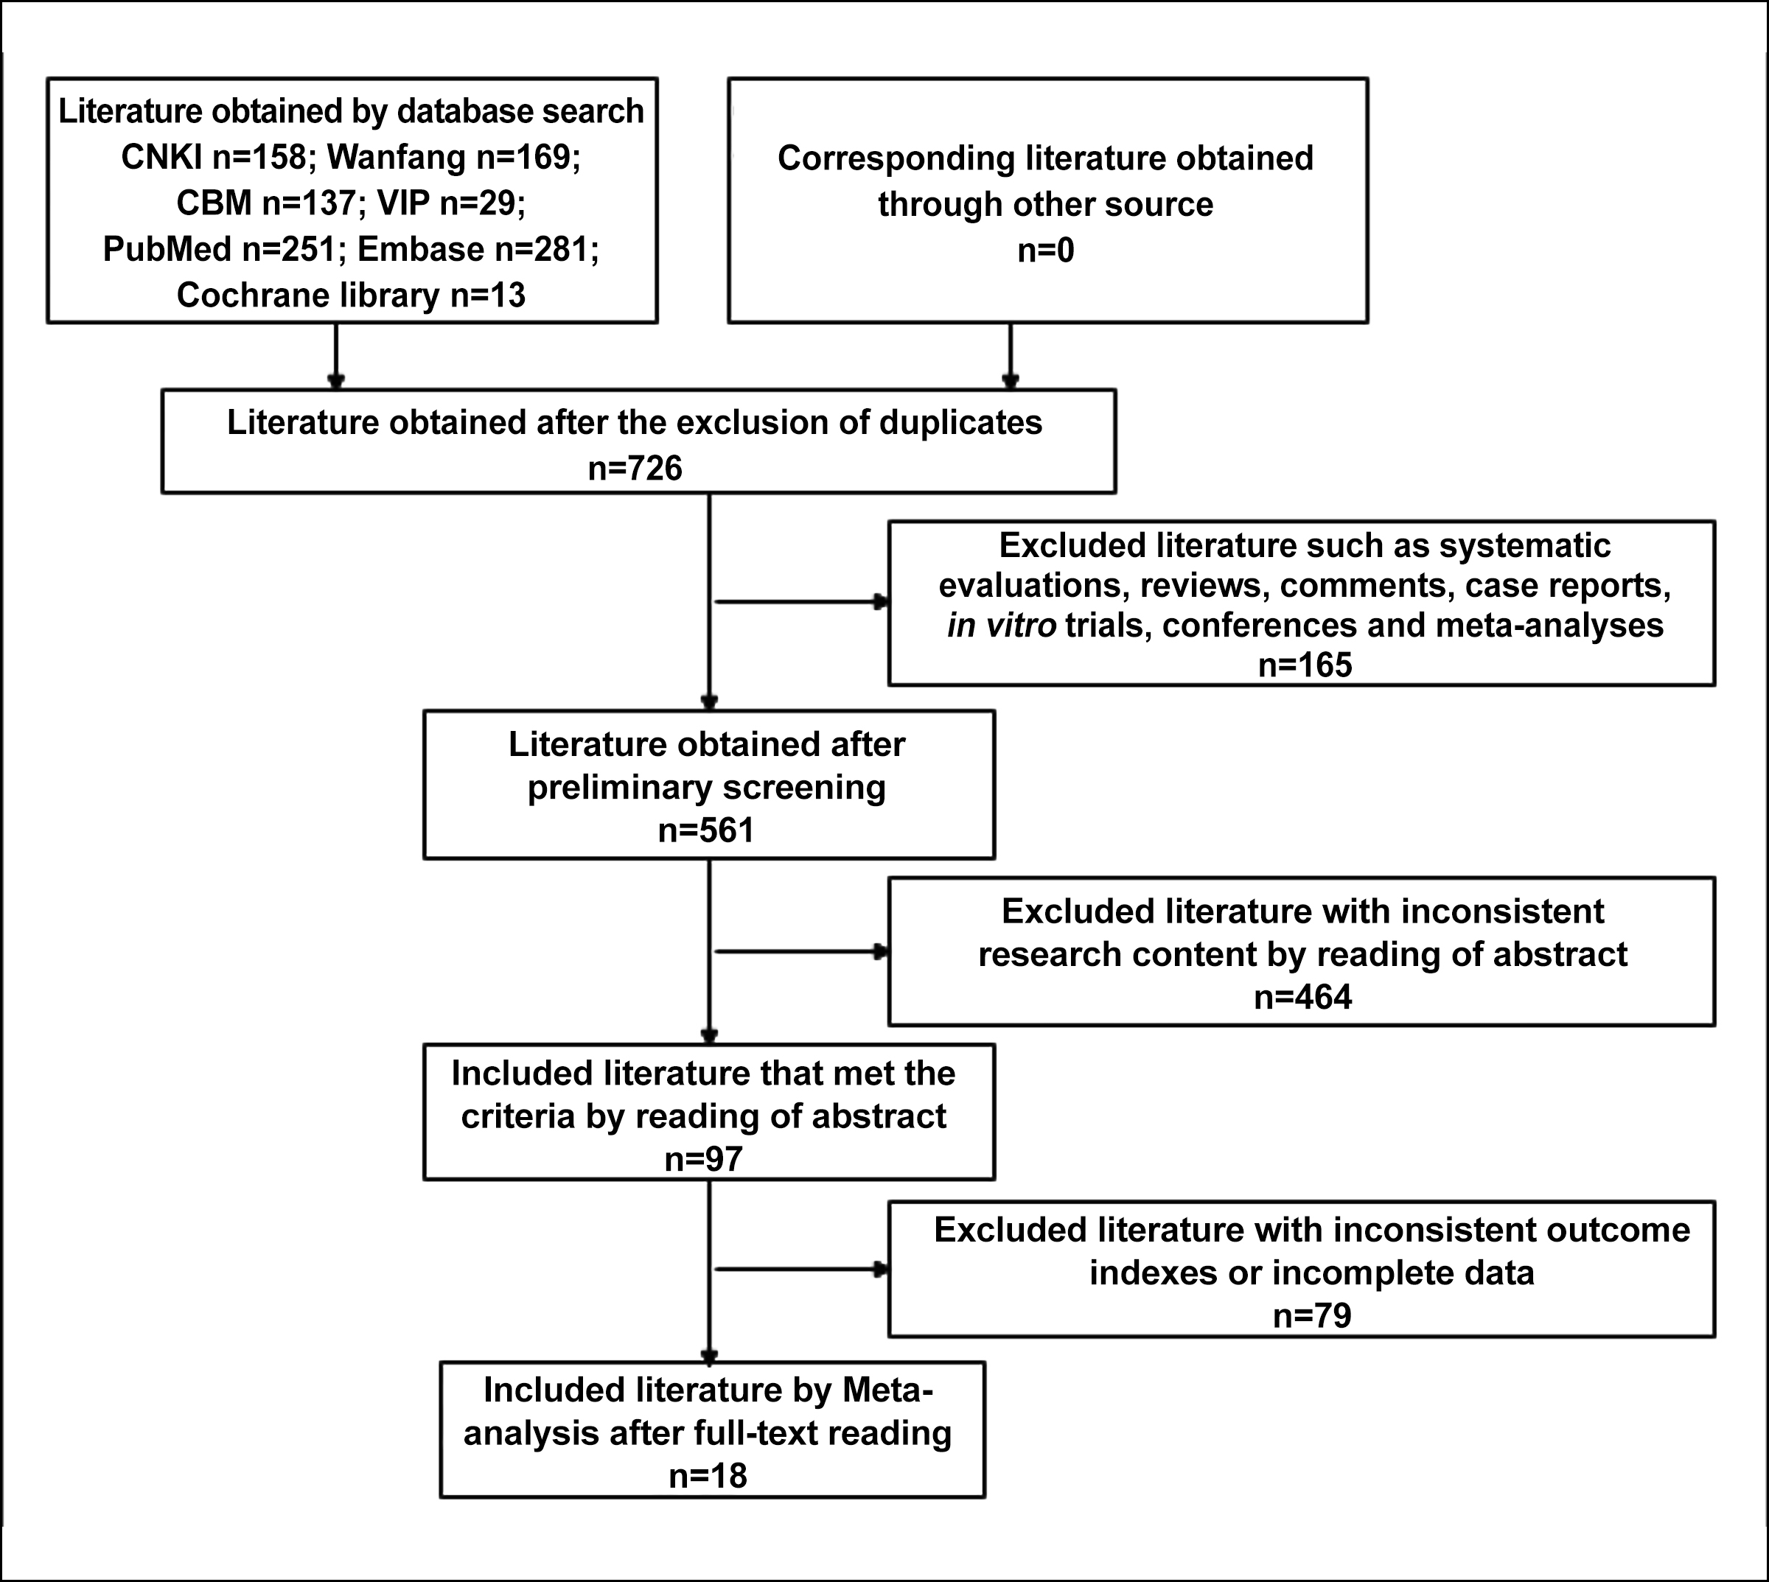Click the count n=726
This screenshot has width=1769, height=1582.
(635, 469)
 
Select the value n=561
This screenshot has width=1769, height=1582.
(706, 830)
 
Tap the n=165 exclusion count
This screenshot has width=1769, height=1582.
(1305, 665)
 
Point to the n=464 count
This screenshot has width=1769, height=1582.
(1303, 997)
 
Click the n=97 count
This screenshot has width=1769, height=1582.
(704, 1160)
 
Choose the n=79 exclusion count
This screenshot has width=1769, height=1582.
(1313, 1315)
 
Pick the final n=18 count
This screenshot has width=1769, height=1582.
(708, 1476)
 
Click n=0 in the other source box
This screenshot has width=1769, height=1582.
(1046, 251)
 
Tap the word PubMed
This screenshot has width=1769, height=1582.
(167, 250)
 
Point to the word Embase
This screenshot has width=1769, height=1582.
(421, 250)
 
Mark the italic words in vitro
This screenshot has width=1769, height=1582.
(1002, 625)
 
